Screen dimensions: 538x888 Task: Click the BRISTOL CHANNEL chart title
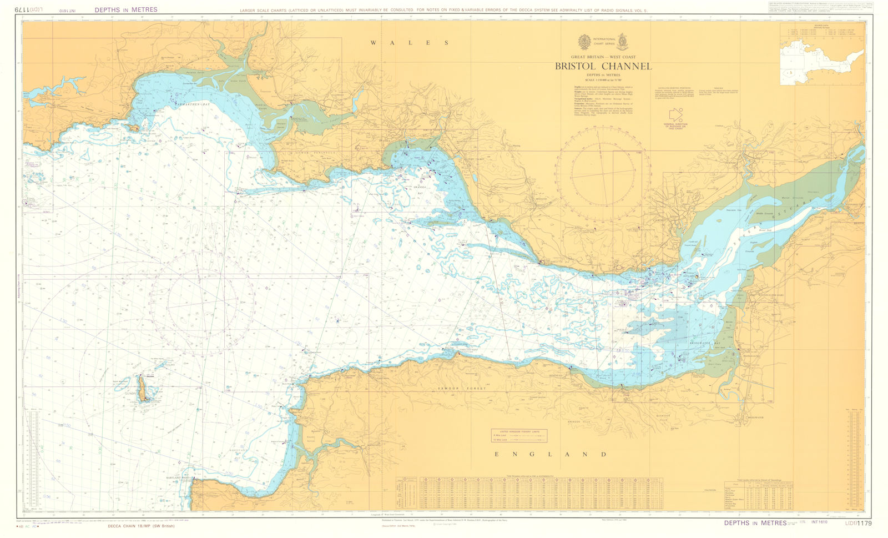point(603,67)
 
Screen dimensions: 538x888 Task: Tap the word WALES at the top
point(410,43)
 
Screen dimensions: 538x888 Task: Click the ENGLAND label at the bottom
point(551,454)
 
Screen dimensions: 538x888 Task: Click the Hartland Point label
point(176,478)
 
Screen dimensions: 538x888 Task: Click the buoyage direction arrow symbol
point(676,115)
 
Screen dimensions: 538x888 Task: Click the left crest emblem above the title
point(584,42)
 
